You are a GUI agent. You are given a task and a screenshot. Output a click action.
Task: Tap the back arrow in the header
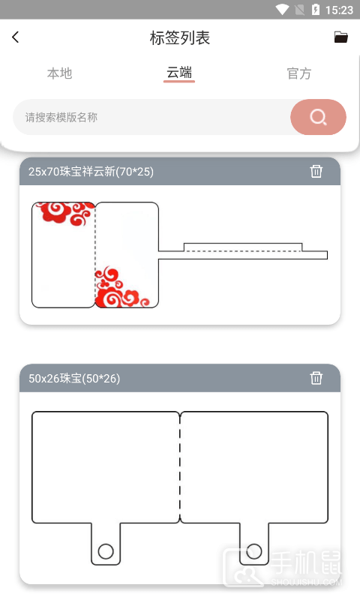tap(15, 37)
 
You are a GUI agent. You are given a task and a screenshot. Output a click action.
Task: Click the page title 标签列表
tap(180, 38)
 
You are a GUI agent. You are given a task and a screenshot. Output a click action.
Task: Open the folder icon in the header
tap(340, 37)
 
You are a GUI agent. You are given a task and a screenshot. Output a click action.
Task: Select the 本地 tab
tap(60, 73)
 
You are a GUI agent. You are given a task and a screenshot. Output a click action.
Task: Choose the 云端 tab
tap(179, 72)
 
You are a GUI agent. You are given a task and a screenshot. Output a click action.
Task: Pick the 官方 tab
tap(299, 73)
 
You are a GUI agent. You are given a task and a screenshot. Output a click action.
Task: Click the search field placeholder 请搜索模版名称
tap(61, 117)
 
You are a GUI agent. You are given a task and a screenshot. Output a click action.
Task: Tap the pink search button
tap(318, 117)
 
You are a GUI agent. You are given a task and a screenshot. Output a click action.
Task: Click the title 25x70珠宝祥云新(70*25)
tap(91, 172)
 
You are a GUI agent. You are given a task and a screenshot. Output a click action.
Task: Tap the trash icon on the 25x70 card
tap(316, 171)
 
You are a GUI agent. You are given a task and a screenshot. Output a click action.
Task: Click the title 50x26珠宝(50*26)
tap(74, 379)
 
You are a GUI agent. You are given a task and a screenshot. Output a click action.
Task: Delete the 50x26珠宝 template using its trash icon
tap(316, 378)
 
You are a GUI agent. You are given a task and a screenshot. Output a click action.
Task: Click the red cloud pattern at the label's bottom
tap(119, 288)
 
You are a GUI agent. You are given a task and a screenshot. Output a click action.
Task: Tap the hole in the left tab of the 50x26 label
tap(106, 551)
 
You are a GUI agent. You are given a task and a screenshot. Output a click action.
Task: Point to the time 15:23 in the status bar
tap(339, 10)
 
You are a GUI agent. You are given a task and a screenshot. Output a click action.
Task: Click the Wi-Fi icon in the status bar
tap(283, 9)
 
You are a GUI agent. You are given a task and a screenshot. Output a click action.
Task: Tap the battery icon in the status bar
tap(316, 9)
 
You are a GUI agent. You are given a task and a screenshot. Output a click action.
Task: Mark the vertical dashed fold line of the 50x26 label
tap(180, 466)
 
